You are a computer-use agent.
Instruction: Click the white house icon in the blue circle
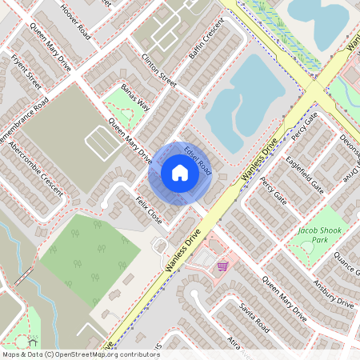(x=179, y=172)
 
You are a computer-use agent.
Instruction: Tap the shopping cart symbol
(x=222, y=266)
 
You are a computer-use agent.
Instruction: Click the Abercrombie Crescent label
(x=31, y=168)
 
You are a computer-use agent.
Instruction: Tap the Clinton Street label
(x=158, y=67)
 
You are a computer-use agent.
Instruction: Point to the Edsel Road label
(x=197, y=158)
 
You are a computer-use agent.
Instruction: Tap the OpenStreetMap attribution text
(x=80, y=354)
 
